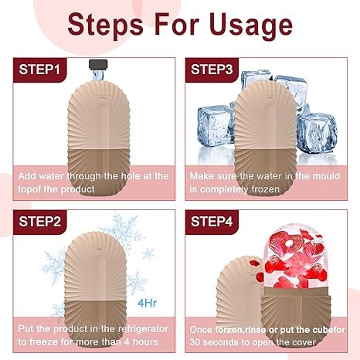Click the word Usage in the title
coord(251,25)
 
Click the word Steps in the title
coord(105,25)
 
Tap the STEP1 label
coord(39,70)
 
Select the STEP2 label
coord(39,222)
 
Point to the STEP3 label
coord(212,70)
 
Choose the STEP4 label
coord(212,222)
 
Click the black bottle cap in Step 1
coord(98,64)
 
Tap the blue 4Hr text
coord(147,303)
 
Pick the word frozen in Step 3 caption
coord(266,189)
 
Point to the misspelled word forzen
coord(229,330)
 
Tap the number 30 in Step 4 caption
coord(195,342)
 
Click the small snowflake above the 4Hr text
coord(148,253)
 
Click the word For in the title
coord(177,25)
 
